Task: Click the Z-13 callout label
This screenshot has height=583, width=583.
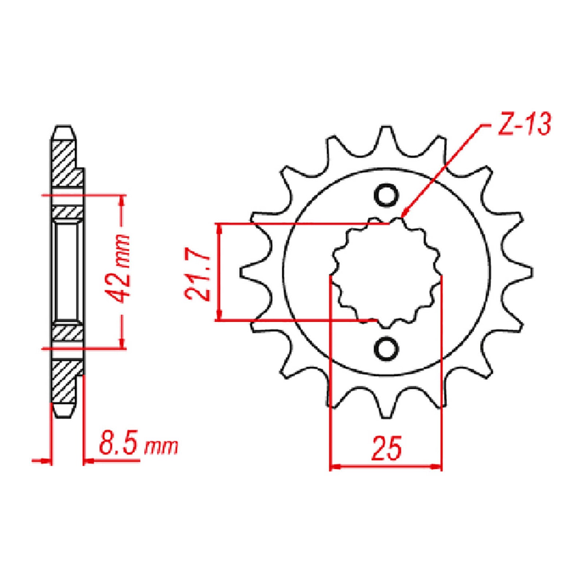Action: (x=524, y=124)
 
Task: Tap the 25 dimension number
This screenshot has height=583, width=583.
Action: (x=386, y=447)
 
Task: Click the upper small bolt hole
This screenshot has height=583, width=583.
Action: (x=386, y=195)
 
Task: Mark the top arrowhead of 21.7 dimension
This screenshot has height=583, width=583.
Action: (x=219, y=228)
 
